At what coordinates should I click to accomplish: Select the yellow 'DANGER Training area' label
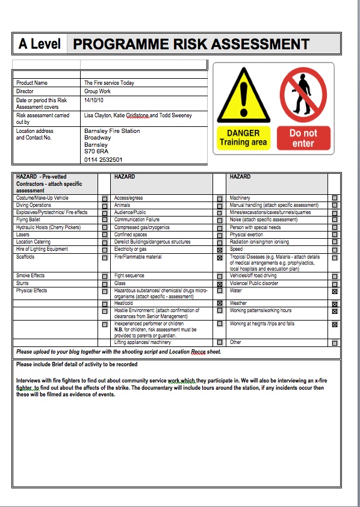(x=243, y=138)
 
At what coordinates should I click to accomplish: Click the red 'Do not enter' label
(x=303, y=138)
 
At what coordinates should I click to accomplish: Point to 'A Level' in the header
(x=40, y=44)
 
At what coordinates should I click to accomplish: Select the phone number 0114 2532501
(x=103, y=160)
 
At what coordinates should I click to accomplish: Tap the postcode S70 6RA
(x=96, y=152)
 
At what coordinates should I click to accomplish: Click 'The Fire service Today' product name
(x=109, y=83)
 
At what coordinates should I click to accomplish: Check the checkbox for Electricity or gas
(x=220, y=250)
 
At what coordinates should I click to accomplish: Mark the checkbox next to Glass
(x=220, y=284)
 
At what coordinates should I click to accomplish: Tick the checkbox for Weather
(x=335, y=304)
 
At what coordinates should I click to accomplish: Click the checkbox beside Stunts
(x=105, y=284)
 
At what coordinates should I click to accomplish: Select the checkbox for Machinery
(x=335, y=198)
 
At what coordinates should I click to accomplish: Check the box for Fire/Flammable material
(x=220, y=258)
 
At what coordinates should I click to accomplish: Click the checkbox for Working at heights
(x=335, y=325)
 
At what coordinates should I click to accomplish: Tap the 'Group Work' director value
(x=98, y=91)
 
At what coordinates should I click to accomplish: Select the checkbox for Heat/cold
(x=220, y=304)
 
